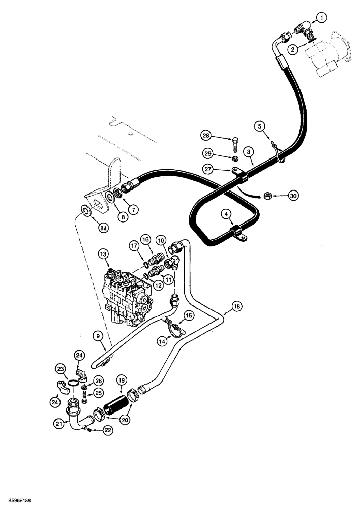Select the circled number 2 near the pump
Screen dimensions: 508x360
click(292, 49)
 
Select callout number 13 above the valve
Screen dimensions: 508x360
click(103, 253)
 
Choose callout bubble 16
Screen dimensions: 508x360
click(145, 239)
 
